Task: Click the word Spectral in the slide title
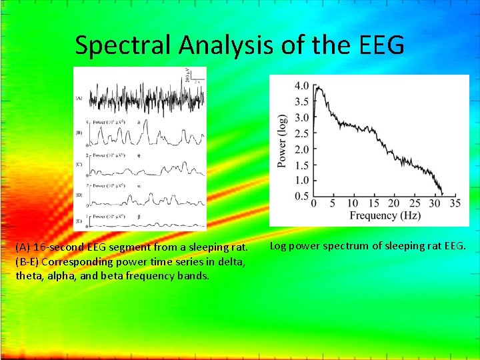(124, 45)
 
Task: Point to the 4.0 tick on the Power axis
(301, 86)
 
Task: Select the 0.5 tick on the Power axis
(301, 195)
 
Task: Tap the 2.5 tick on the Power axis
(301, 133)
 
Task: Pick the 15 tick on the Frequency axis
(373, 203)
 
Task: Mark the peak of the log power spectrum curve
(317, 87)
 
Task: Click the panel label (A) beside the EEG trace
(79, 99)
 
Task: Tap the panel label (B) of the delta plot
(79, 133)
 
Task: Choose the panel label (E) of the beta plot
(79, 220)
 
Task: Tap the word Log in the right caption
(278, 246)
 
